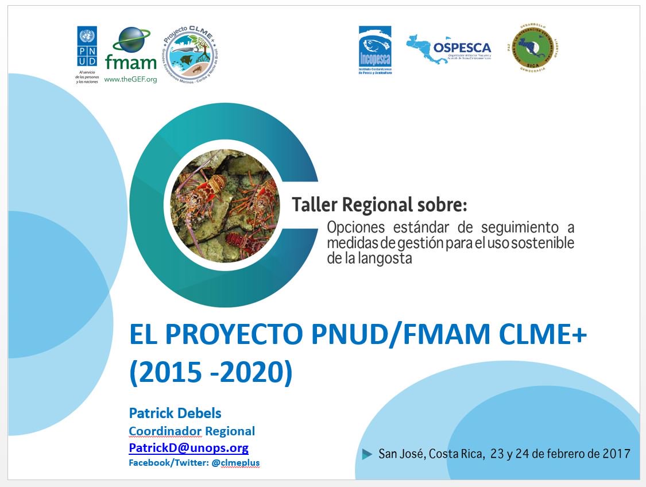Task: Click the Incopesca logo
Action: click(x=375, y=51)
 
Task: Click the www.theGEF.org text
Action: click(x=131, y=80)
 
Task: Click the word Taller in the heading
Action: click(x=315, y=204)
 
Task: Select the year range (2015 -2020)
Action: click(x=211, y=372)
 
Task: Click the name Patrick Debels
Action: click(x=175, y=413)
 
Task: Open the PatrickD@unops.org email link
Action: click(x=189, y=448)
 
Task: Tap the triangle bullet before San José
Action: click(x=367, y=454)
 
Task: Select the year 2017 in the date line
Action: click(x=616, y=454)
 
